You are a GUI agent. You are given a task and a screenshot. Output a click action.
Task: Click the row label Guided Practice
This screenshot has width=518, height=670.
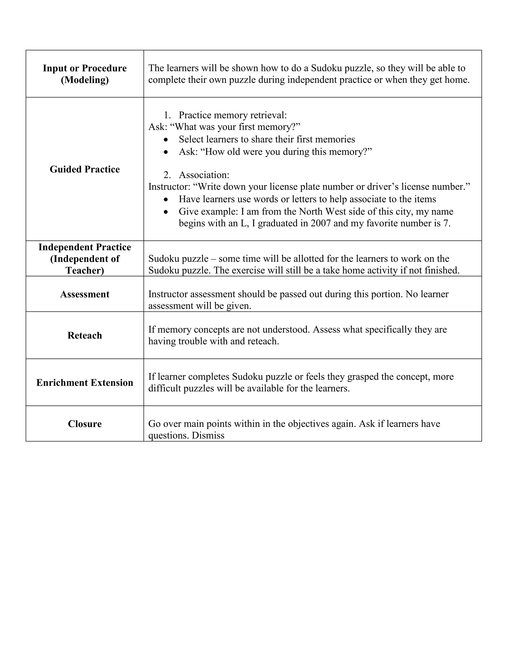85,169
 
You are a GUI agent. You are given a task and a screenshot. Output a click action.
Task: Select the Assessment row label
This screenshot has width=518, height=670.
85,294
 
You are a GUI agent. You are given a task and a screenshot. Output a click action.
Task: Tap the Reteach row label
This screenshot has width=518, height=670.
85,335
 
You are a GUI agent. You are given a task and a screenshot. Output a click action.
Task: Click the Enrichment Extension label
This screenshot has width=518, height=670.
85,383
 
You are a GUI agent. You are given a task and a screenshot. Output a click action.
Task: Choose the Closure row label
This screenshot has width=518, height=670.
85,424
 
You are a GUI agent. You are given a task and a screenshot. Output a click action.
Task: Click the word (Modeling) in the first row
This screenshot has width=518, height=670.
85,80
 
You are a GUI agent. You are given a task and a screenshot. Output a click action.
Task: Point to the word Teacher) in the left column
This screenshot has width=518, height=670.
85,270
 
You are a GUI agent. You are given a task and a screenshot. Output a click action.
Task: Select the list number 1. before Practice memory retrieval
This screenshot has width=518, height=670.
167,115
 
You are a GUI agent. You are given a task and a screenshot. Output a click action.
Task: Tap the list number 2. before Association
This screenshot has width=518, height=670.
167,175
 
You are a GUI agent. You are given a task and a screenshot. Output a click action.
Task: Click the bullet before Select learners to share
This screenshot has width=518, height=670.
166,140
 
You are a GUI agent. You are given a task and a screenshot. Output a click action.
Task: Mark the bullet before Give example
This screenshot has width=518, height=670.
166,212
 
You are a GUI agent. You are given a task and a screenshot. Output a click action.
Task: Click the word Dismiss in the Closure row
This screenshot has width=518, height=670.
208,435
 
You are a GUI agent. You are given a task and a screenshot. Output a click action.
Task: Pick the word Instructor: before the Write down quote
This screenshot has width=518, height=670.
169,187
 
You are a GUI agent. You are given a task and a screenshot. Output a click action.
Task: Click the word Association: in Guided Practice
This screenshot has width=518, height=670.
204,175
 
